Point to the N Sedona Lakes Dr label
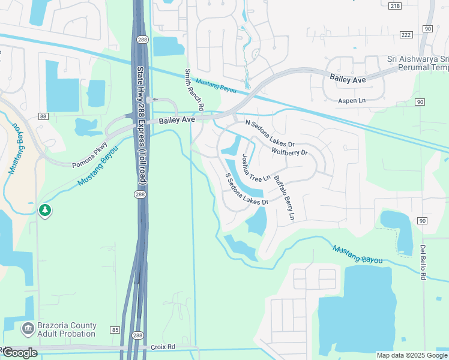(x=271, y=133)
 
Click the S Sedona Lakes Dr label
(x=246, y=189)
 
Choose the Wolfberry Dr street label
(x=289, y=152)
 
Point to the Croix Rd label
(x=163, y=347)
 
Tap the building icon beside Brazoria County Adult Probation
(x=28, y=329)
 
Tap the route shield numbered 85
(x=115, y=329)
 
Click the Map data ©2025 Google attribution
(x=412, y=355)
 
